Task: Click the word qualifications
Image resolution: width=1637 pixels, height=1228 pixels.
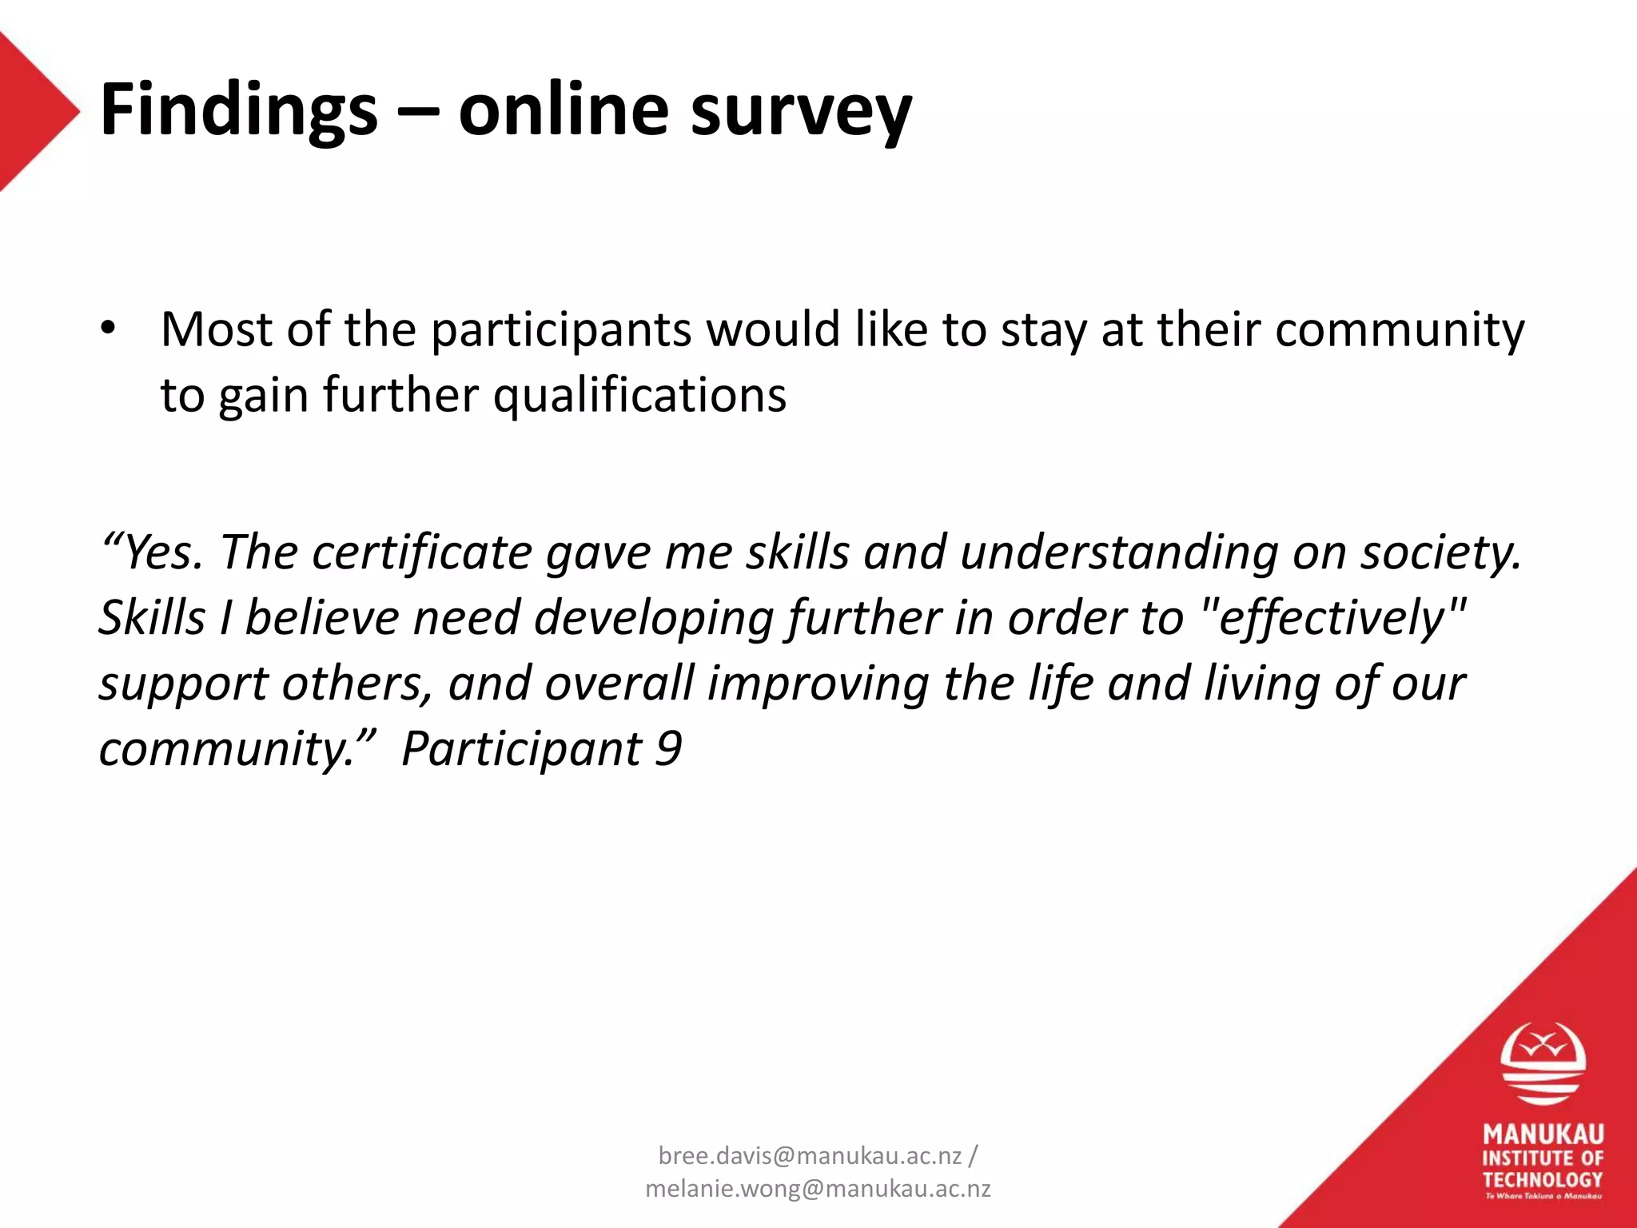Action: pyautogui.click(x=639, y=395)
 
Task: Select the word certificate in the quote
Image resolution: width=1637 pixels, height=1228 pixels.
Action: pyautogui.click(x=421, y=552)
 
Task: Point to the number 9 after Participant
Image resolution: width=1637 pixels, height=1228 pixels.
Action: pyautogui.click(x=668, y=749)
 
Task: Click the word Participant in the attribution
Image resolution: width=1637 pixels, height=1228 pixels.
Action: pyautogui.click(x=521, y=749)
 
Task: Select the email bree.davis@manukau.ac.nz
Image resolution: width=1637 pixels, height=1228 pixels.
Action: pyautogui.click(x=809, y=1155)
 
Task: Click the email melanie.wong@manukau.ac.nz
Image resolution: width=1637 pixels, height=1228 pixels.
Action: pyautogui.click(x=818, y=1189)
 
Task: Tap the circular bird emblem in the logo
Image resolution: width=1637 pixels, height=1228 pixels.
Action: pyautogui.click(x=1542, y=1064)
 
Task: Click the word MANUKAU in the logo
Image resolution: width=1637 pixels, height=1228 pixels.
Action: pyautogui.click(x=1543, y=1134)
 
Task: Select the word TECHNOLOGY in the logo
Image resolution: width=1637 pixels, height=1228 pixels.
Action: pyautogui.click(x=1543, y=1179)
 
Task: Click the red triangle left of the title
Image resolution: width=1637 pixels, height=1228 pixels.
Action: pyautogui.click(x=32, y=112)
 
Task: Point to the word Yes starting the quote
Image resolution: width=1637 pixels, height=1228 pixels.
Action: pyautogui.click(x=161, y=552)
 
